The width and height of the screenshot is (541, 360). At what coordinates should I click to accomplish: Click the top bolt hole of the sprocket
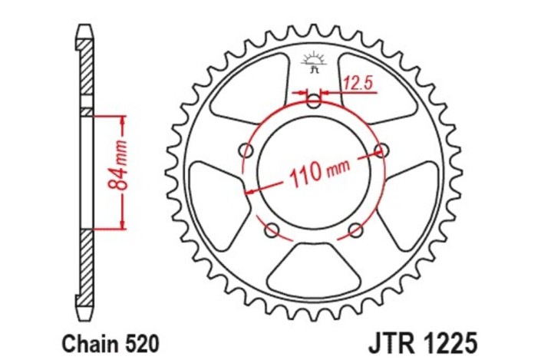(313, 100)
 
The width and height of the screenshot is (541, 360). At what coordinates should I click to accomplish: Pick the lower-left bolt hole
(271, 229)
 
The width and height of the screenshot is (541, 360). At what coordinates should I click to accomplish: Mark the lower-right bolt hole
(355, 229)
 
